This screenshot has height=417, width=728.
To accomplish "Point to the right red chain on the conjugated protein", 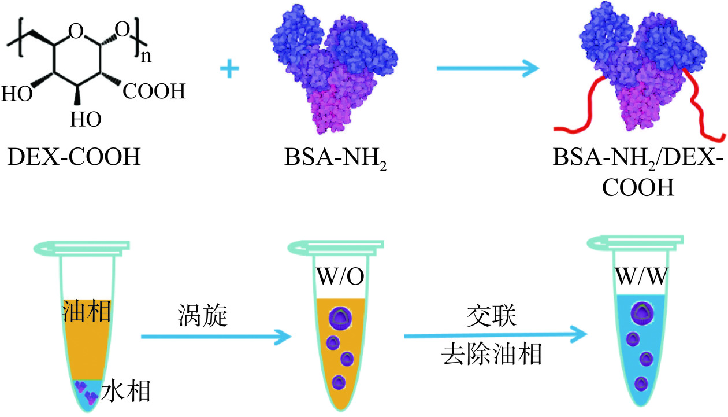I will tap(702, 104).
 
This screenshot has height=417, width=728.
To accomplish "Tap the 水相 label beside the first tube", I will tap(125, 392).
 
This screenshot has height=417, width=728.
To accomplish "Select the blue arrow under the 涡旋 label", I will tap(214, 335).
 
